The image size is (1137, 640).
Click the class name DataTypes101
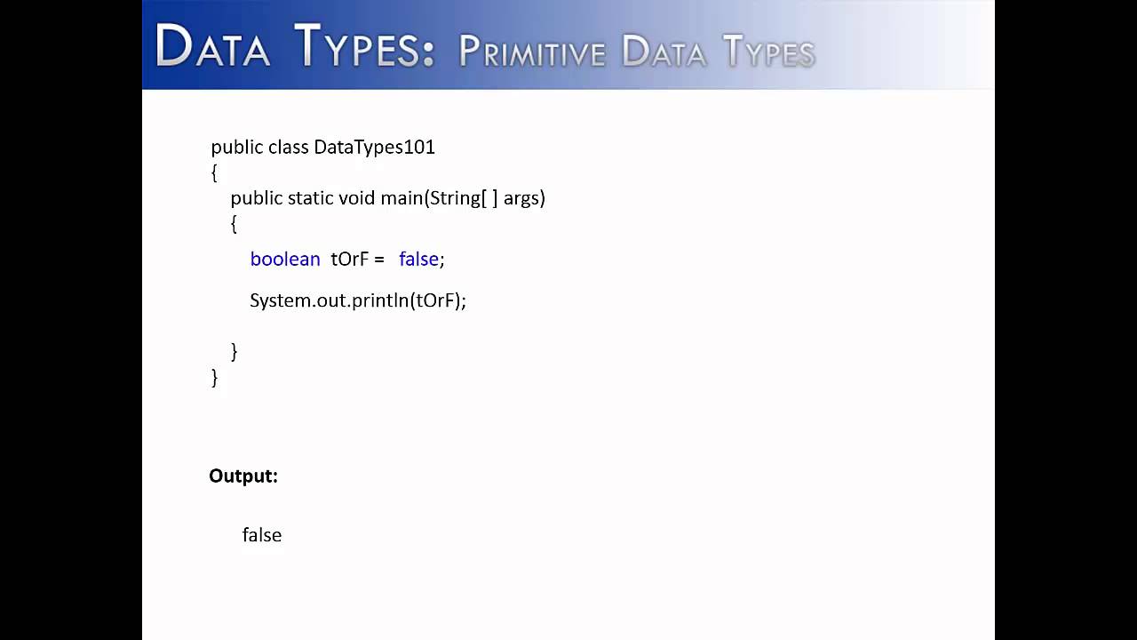click(374, 147)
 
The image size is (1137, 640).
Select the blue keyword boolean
click(285, 259)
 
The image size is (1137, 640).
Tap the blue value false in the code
click(418, 259)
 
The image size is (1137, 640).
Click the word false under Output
click(262, 535)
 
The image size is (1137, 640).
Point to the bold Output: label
click(243, 476)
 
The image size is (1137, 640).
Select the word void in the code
click(357, 197)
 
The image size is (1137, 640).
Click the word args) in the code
click(524, 197)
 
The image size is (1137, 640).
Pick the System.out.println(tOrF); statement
click(358, 300)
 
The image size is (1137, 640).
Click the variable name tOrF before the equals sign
click(349, 259)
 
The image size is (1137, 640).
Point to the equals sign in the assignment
click(378, 260)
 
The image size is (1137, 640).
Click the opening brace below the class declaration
click(214, 172)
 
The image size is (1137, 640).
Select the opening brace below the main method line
click(234, 224)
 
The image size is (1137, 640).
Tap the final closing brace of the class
click(214, 378)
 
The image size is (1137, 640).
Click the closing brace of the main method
click(234, 352)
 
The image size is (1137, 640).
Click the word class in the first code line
click(288, 147)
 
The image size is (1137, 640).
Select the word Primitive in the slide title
click(531, 53)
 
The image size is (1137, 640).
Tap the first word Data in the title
click(213, 48)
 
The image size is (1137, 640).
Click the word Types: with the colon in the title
click(364, 48)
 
